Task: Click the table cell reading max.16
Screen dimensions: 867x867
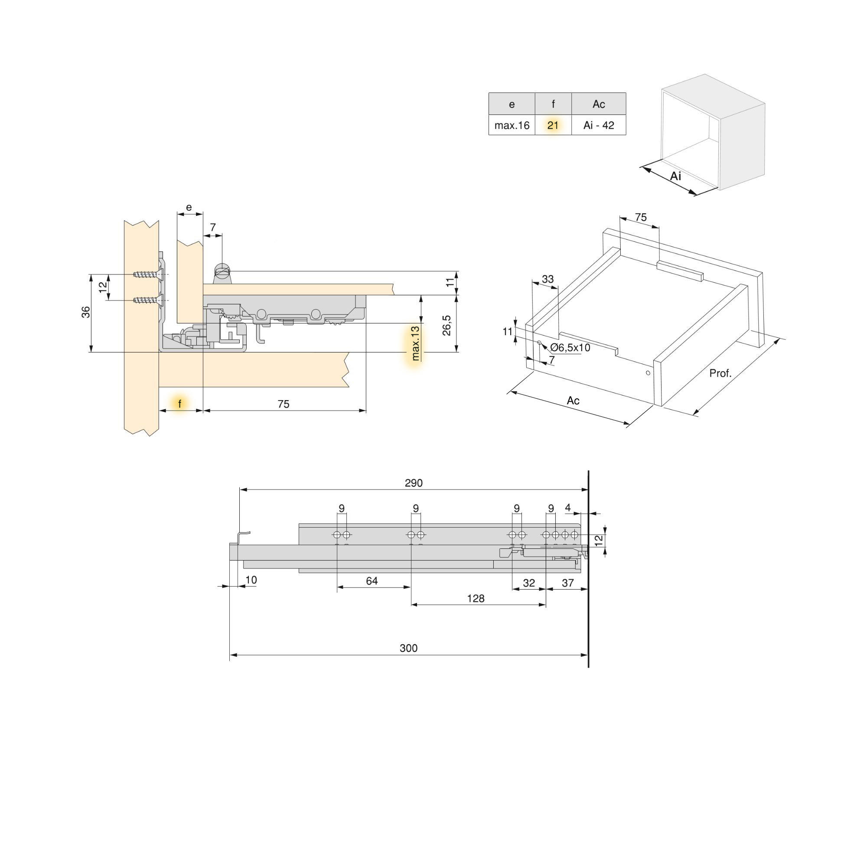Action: click(x=512, y=125)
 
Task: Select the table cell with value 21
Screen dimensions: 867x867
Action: click(x=553, y=125)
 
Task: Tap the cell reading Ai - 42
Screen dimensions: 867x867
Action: click(x=599, y=125)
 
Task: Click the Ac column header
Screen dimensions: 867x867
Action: click(x=599, y=104)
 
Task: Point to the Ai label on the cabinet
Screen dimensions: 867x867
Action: click(x=675, y=176)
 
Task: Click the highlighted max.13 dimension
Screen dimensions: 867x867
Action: click(x=415, y=343)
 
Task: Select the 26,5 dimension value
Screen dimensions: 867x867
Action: click(x=447, y=326)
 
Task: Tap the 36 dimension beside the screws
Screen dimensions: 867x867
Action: click(x=86, y=312)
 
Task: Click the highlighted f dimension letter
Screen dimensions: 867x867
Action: click(x=180, y=404)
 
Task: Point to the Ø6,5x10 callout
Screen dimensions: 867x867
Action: click(x=570, y=348)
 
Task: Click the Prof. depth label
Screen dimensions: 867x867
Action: click(x=720, y=373)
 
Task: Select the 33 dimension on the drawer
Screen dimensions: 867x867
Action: click(x=548, y=279)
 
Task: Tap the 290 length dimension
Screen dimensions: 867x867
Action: click(x=413, y=483)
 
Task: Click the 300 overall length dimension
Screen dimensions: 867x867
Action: click(x=408, y=648)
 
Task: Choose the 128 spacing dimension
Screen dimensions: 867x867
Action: click(x=476, y=598)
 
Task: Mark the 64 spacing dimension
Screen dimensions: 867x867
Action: click(x=372, y=581)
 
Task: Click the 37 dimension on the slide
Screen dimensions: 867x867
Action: click(x=568, y=583)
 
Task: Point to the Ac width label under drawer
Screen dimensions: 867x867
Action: click(x=573, y=400)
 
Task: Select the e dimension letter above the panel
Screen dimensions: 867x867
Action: click(x=189, y=207)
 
